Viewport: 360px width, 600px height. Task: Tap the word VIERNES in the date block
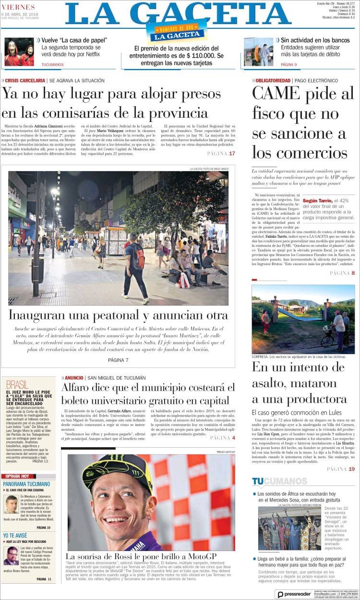click(x=18, y=7)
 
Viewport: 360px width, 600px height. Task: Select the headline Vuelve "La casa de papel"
click(x=74, y=40)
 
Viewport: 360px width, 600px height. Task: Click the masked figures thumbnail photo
click(x=19, y=52)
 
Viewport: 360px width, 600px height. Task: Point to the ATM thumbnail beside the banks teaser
click(x=258, y=52)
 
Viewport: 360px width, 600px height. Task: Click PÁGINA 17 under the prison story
click(x=221, y=154)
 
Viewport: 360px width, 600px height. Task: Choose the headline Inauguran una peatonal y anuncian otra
click(x=118, y=316)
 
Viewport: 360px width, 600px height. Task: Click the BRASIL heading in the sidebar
click(x=18, y=385)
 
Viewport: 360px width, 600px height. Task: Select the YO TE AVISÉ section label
click(x=15, y=535)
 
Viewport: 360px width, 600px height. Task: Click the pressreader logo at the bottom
click(x=294, y=594)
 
